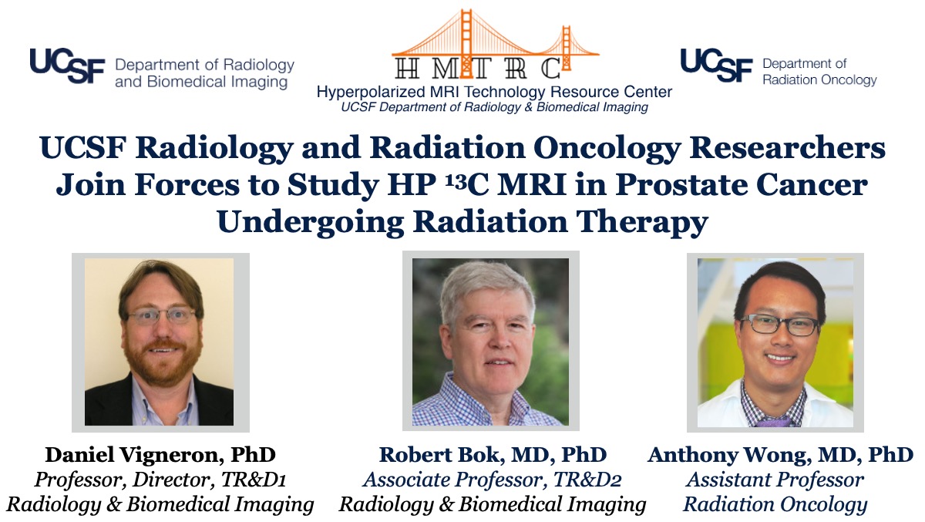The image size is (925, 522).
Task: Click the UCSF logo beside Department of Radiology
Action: tap(67, 66)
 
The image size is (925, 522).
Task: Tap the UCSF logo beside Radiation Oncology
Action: tap(716, 65)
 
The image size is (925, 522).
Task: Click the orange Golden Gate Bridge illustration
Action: tap(496, 43)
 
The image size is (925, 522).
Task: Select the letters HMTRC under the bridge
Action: tap(478, 68)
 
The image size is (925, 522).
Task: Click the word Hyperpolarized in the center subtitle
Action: tap(371, 92)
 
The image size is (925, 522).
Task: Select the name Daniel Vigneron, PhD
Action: tap(160, 455)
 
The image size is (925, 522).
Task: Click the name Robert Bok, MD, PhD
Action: tap(493, 455)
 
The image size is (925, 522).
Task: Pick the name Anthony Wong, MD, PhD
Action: tap(780, 455)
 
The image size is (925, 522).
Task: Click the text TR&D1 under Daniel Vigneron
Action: tap(254, 480)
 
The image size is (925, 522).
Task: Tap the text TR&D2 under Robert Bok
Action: tap(587, 480)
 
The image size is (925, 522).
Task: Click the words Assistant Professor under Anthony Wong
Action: tap(775, 480)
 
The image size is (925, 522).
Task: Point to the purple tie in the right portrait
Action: tap(773, 422)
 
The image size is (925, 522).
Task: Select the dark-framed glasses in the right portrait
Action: tap(779, 325)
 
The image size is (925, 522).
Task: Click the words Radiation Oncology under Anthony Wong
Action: tap(775, 505)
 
